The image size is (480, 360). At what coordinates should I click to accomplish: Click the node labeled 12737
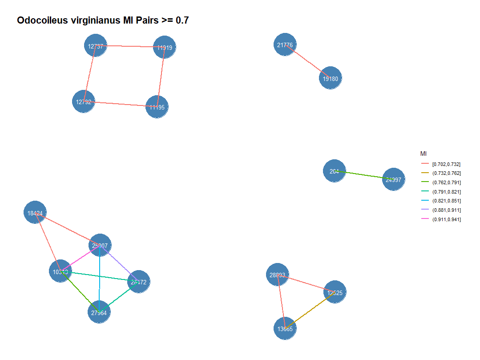pyautogui.click(x=95, y=46)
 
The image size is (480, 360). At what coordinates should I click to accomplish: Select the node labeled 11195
pyautogui.click(x=157, y=107)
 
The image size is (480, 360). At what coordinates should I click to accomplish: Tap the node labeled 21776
pyautogui.click(x=285, y=44)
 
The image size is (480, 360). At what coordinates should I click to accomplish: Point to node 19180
pyautogui.click(x=330, y=78)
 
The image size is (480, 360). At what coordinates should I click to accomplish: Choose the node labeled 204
pyautogui.click(x=334, y=171)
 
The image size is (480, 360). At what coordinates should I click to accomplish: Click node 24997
pyautogui.click(x=393, y=180)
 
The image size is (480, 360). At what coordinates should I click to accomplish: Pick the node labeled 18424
pyautogui.click(x=35, y=213)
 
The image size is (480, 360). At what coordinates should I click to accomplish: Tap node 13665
pyautogui.click(x=285, y=329)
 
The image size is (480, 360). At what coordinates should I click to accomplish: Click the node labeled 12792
pyautogui.click(x=83, y=101)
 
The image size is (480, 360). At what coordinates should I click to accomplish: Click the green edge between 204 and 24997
pyautogui.click(x=363, y=175)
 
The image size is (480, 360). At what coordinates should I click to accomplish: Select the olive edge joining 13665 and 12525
pyautogui.click(x=310, y=311)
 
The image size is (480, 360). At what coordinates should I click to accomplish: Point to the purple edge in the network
pyautogui.click(x=119, y=263)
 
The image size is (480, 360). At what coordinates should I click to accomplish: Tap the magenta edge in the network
pyautogui.click(x=80, y=258)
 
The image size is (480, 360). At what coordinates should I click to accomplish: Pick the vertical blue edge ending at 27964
pyautogui.click(x=99, y=278)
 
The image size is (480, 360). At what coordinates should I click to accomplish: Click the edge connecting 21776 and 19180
pyautogui.click(x=307, y=61)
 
